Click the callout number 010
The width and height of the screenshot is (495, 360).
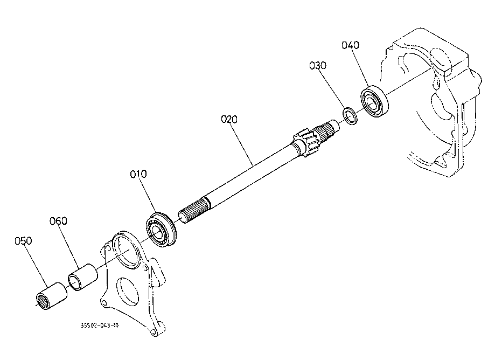pyautogui.click(x=138, y=174)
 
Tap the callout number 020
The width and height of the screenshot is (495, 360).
pyautogui.click(x=229, y=119)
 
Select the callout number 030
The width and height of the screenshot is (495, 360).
pyautogui.click(x=318, y=66)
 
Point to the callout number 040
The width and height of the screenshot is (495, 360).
pyautogui.click(x=351, y=45)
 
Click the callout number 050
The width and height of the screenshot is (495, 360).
pyautogui.click(x=24, y=241)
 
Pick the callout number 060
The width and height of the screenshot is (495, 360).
pyautogui.click(x=58, y=220)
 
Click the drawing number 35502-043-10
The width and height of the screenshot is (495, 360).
pyautogui.click(x=100, y=326)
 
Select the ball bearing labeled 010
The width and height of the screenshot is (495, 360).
pyautogui.click(x=160, y=230)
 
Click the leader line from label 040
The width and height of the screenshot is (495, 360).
pyautogui.click(x=362, y=68)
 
